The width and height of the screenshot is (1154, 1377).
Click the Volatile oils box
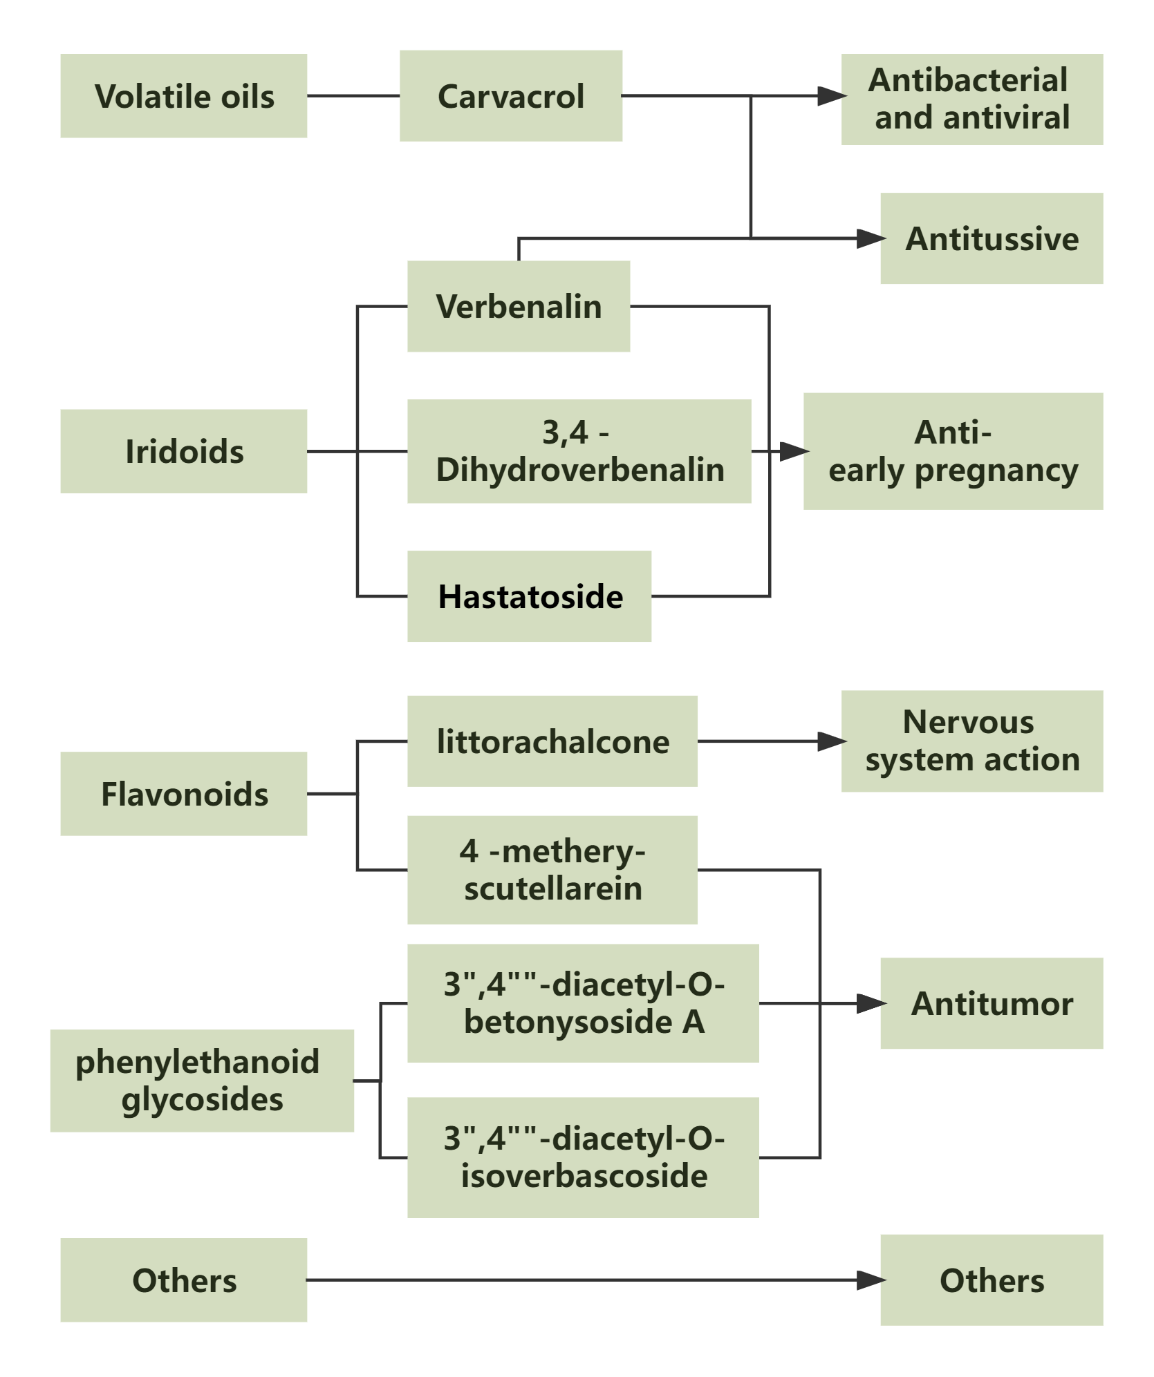[183, 96]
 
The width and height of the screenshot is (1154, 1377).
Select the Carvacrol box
[510, 96]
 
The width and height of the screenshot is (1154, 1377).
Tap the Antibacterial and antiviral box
[971, 99]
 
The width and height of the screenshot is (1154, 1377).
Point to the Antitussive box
[992, 238]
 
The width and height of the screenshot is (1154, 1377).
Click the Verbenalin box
[518, 306]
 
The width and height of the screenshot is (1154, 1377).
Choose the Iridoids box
[183, 451]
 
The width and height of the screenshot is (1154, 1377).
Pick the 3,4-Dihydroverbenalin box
[579, 451]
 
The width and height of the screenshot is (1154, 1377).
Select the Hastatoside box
[529, 596]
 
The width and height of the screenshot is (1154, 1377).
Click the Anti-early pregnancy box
[953, 451]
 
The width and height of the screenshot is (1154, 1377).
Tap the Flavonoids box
[183, 794]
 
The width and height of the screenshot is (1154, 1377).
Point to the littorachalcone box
[552, 741]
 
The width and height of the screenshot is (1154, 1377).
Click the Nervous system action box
[971, 741]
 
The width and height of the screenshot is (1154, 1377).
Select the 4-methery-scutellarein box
[552, 870]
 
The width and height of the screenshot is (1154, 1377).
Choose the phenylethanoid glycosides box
[201, 1081]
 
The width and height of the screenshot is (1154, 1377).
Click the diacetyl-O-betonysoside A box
[583, 1003]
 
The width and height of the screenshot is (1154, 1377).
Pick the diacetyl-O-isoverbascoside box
[583, 1157]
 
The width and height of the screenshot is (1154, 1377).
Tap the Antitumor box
[992, 1003]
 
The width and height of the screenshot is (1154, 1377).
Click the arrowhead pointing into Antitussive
[871, 238]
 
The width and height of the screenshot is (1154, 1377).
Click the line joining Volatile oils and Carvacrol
[353, 96]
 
